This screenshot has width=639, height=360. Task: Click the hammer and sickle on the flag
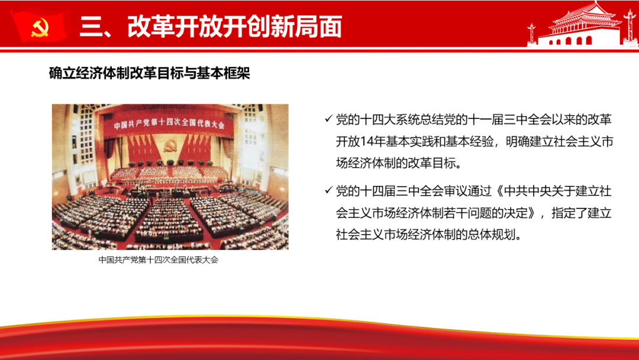click(x=40, y=28)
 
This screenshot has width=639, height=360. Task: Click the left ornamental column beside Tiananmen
click(x=531, y=35)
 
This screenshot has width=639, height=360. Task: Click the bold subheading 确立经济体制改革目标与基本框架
click(x=149, y=73)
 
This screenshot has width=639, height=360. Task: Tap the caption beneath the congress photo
click(x=159, y=260)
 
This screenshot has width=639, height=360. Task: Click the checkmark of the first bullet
click(x=328, y=118)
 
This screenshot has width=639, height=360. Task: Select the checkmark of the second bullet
click(x=328, y=191)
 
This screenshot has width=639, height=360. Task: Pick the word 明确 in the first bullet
click(x=518, y=142)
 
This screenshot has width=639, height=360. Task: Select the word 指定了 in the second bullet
click(x=569, y=213)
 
